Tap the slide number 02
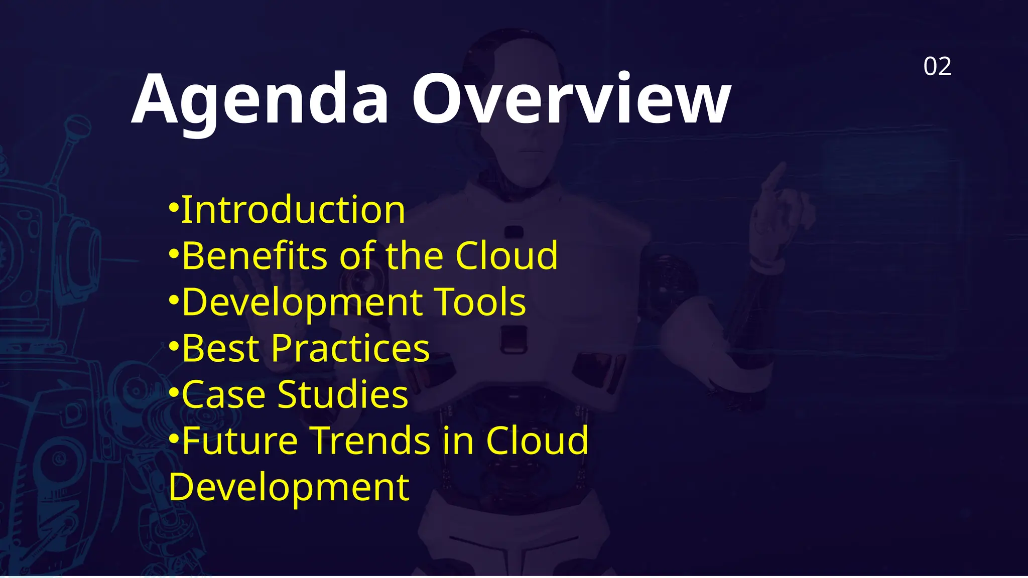(937, 67)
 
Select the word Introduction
(293, 210)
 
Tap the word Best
(220, 348)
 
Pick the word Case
(223, 395)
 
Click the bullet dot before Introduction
(174, 207)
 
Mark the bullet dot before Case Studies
(174, 391)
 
